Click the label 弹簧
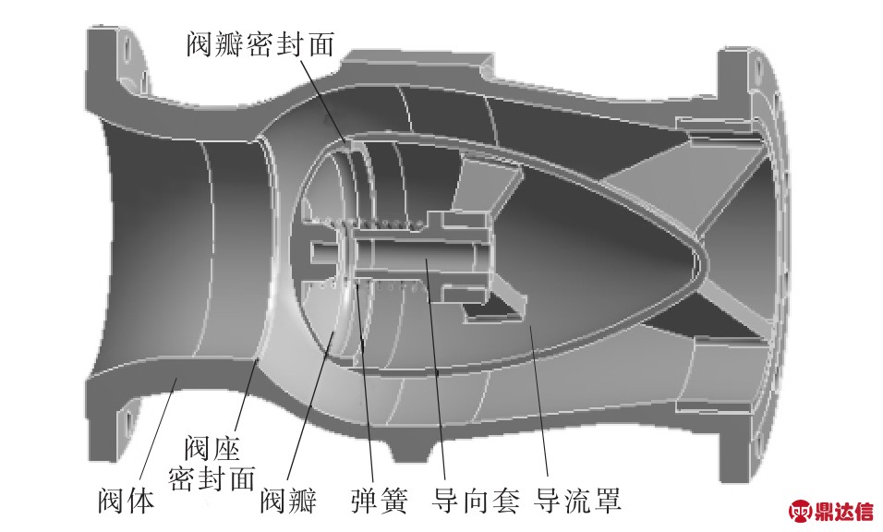(380, 502)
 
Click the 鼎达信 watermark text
(841, 511)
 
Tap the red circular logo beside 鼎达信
(799, 511)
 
